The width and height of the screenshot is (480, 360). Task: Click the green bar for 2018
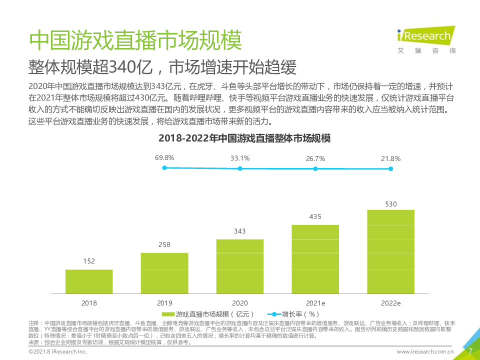click(x=89, y=281)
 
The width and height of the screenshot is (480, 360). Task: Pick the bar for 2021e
click(x=315, y=259)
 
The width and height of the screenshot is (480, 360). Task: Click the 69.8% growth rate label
click(x=164, y=158)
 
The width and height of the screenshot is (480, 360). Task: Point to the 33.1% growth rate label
click(x=240, y=158)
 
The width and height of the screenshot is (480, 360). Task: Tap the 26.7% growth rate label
click(x=315, y=158)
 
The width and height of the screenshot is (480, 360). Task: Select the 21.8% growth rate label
click(x=391, y=158)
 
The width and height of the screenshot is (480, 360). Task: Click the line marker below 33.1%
click(x=240, y=169)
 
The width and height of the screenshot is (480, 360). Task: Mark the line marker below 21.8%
click(x=391, y=169)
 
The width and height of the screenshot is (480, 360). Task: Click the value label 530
click(x=391, y=204)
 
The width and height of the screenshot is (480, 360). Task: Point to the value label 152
click(x=89, y=261)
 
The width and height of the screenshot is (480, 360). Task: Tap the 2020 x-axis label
click(x=240, y=303)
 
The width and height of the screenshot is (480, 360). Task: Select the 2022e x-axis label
click(x=391, y=303)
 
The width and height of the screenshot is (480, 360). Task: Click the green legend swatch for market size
click(x=167, y=314)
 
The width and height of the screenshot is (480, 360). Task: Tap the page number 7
click(x=469, y=351)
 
